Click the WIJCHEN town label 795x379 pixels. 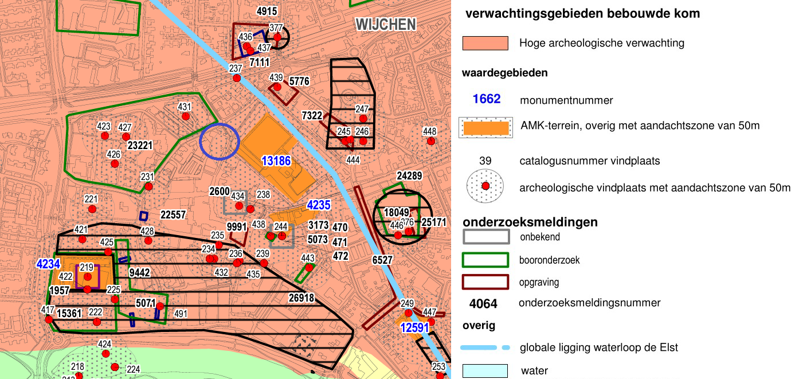(385, 24)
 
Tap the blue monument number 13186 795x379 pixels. (276, 161)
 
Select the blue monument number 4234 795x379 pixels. (48, 264)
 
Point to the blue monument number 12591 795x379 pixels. (414, 327)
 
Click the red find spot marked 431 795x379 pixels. (186, 116)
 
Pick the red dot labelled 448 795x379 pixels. (430, 141)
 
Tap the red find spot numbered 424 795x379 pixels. (105, 354)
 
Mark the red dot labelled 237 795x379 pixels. (236, 78)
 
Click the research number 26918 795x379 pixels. (301, 298)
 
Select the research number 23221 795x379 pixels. (140, 146)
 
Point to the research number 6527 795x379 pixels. (382, 260)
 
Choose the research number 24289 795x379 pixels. (409, 176)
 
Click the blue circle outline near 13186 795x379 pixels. (220, 140)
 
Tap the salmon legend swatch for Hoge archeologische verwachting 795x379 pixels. (485, 43)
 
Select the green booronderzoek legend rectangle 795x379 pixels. (485, 260)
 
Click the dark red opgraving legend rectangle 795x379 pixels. (485, 282)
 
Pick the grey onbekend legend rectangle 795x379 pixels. (485, 236)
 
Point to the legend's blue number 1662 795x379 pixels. (487, 99)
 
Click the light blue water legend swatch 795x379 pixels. (485, 371)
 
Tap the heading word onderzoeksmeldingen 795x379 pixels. (530, 222)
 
